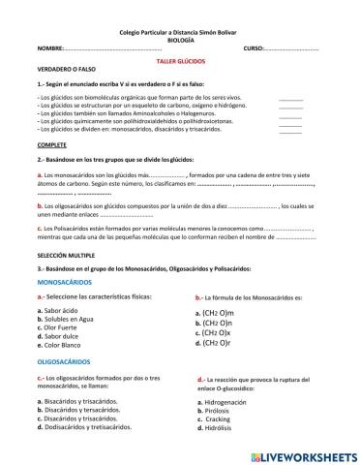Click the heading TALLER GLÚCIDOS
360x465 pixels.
pos(179,59)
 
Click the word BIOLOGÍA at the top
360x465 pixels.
pos(180,40)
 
